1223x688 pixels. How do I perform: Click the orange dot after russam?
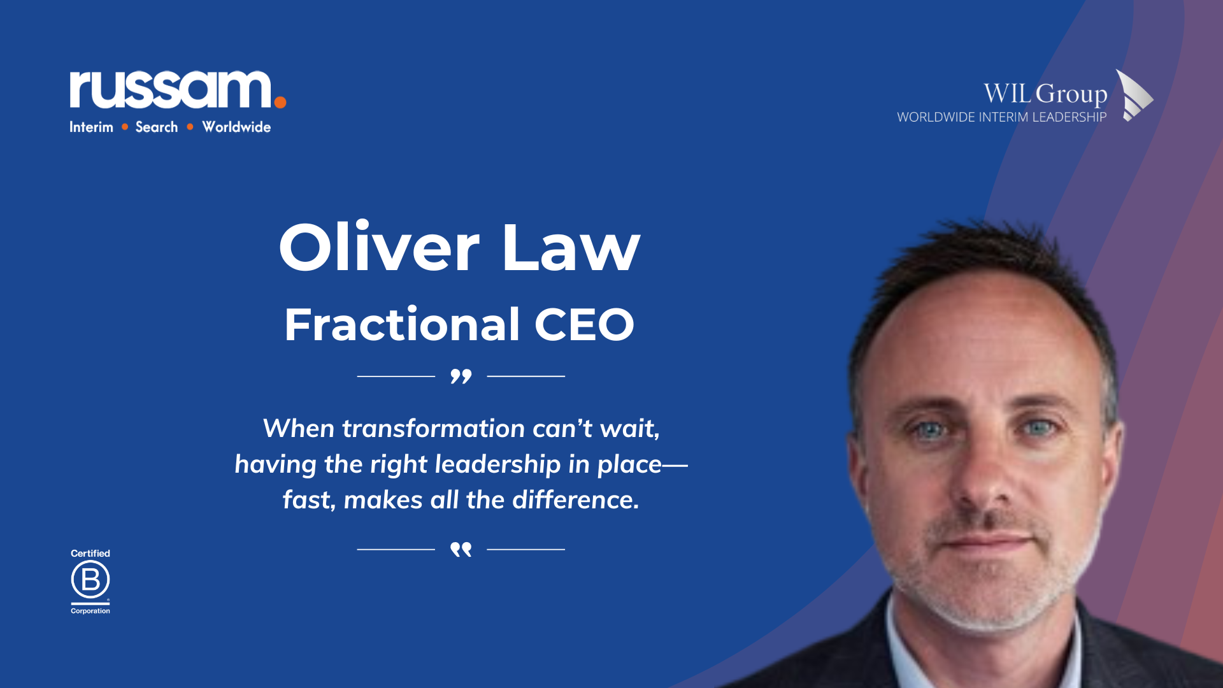(280, 101)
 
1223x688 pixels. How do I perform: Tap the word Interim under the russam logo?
(91, 127)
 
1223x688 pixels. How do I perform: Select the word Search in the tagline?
(157, 127)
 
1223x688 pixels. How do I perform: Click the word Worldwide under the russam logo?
(236, 127)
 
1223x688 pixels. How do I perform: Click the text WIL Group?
(1045, 94)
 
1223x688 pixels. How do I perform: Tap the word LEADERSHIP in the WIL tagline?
(1069, 117)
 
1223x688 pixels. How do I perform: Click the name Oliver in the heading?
(379, 247)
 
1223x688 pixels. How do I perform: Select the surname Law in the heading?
(571, 247)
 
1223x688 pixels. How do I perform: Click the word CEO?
(584, 324)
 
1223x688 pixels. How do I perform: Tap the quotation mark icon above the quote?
(461, 376)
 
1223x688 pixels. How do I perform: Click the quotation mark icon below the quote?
(461, 549)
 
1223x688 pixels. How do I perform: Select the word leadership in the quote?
(497, 464)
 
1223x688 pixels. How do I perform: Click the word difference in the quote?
(576, 499)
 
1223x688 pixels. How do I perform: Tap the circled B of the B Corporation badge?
(90, 580)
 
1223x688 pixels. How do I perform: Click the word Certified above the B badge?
(90, 554)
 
